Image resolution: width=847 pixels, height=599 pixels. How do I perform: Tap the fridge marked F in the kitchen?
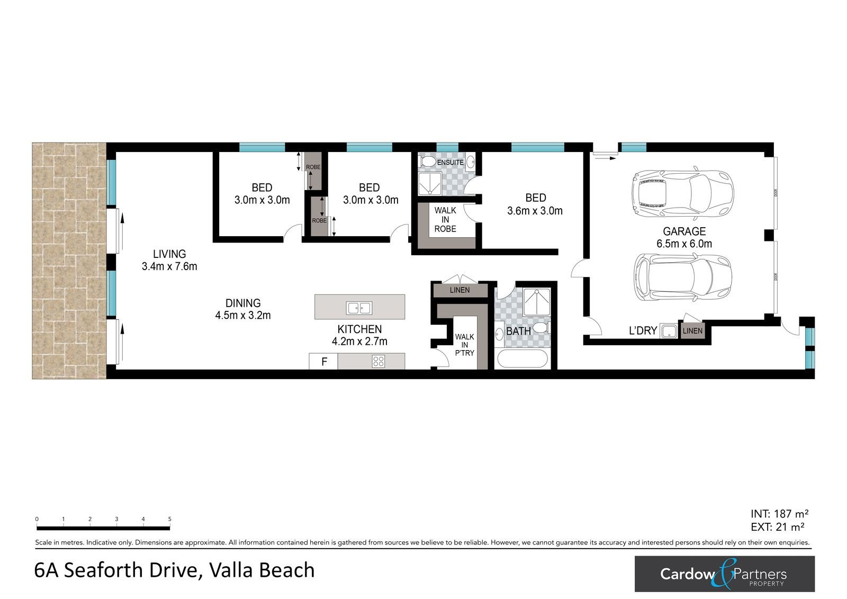323,361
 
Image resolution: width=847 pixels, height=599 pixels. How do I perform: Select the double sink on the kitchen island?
359,308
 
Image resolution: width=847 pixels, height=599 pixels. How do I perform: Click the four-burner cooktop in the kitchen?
379,361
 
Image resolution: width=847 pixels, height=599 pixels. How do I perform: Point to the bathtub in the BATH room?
522,359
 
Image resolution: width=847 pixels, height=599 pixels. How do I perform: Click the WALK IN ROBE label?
445,219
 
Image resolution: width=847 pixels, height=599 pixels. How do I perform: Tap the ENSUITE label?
450,163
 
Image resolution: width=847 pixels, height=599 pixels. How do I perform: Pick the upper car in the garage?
682,193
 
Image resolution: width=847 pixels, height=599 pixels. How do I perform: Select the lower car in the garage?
682,278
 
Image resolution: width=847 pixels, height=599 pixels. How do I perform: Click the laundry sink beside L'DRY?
669,331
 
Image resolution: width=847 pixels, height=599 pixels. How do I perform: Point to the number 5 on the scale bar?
170,519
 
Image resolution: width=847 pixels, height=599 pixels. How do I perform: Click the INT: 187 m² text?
779,514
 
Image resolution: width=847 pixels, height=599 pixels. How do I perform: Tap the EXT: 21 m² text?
778,526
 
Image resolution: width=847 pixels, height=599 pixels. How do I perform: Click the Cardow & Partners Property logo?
725,574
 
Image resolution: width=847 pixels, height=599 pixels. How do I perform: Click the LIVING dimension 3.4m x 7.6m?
169,266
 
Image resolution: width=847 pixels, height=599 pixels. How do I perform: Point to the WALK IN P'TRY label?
464,345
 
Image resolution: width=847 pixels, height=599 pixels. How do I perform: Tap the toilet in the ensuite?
428,162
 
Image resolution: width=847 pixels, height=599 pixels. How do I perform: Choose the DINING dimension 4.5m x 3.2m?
243,315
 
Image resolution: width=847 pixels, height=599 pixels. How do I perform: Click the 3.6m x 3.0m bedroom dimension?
535,211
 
